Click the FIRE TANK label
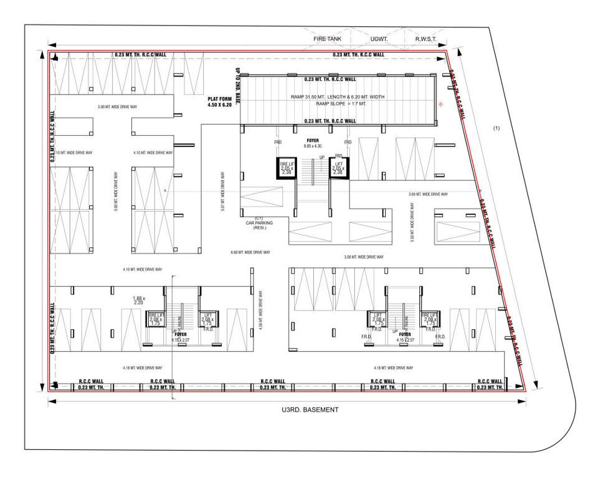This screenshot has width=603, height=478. pos(328,39)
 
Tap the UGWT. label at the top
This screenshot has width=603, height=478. pos(379,39)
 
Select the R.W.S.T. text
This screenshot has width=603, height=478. pos(429,39)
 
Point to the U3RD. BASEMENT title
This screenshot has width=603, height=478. pos(309,410)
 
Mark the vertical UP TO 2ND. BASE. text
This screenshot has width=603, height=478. pos(237,85)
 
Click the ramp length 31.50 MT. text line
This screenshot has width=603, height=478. pos(337,97)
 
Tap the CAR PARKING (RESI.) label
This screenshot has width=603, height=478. pos(259,223)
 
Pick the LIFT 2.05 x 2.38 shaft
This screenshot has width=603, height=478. pos(338,169)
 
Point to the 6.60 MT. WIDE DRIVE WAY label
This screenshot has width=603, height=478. pos(250,252)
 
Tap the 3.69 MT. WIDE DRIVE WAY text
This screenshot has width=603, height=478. pos(429,194)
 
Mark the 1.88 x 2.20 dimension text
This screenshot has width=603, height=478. pos(139,301)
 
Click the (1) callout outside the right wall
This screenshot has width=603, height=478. pos(496,128)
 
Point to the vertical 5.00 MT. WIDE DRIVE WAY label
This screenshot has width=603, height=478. pos(116,192)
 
